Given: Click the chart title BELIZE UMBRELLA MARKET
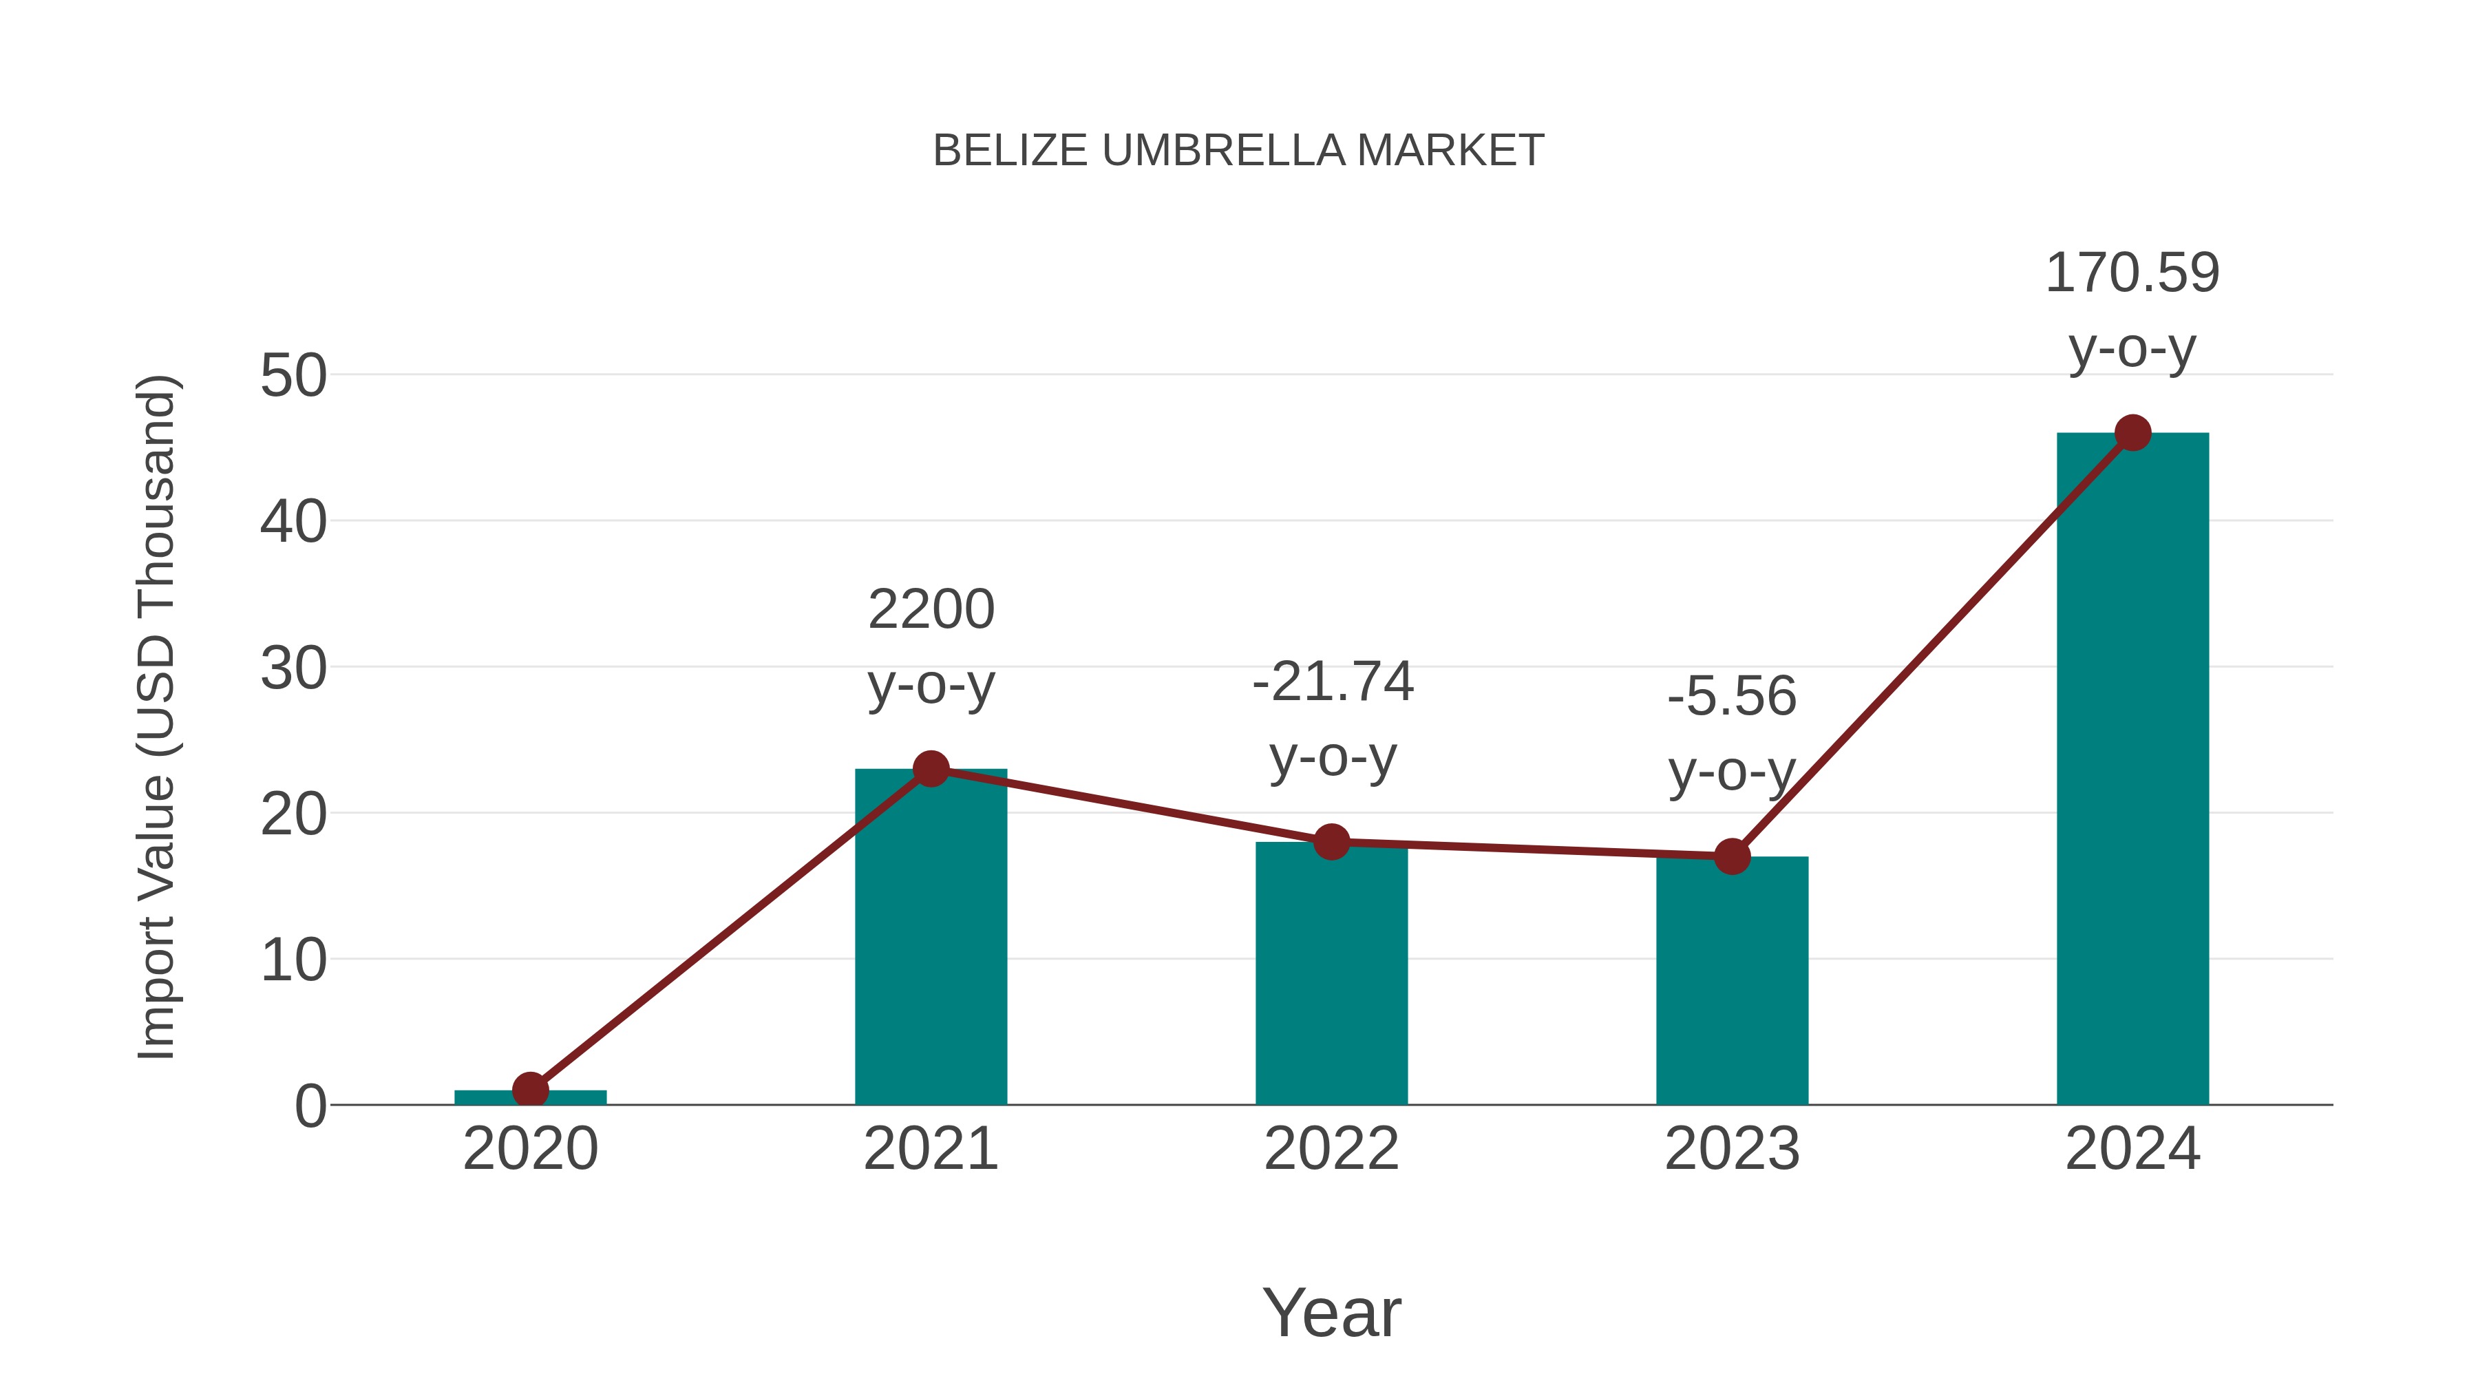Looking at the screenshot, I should coord(1238,151).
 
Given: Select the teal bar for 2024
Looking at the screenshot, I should coord(2132,770).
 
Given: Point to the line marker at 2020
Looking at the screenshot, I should coord(530,1090).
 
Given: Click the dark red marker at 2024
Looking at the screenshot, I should coord(2132,433).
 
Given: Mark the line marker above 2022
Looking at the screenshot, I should coord(1331,842).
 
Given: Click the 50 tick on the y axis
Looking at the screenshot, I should coord(293,376).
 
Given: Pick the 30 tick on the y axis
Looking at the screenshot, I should coord(293,668).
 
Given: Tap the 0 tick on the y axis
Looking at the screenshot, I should coord(310,1106).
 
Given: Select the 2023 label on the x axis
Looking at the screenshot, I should coord(1732,1149).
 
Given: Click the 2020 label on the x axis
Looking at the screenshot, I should coord(530,1149).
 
